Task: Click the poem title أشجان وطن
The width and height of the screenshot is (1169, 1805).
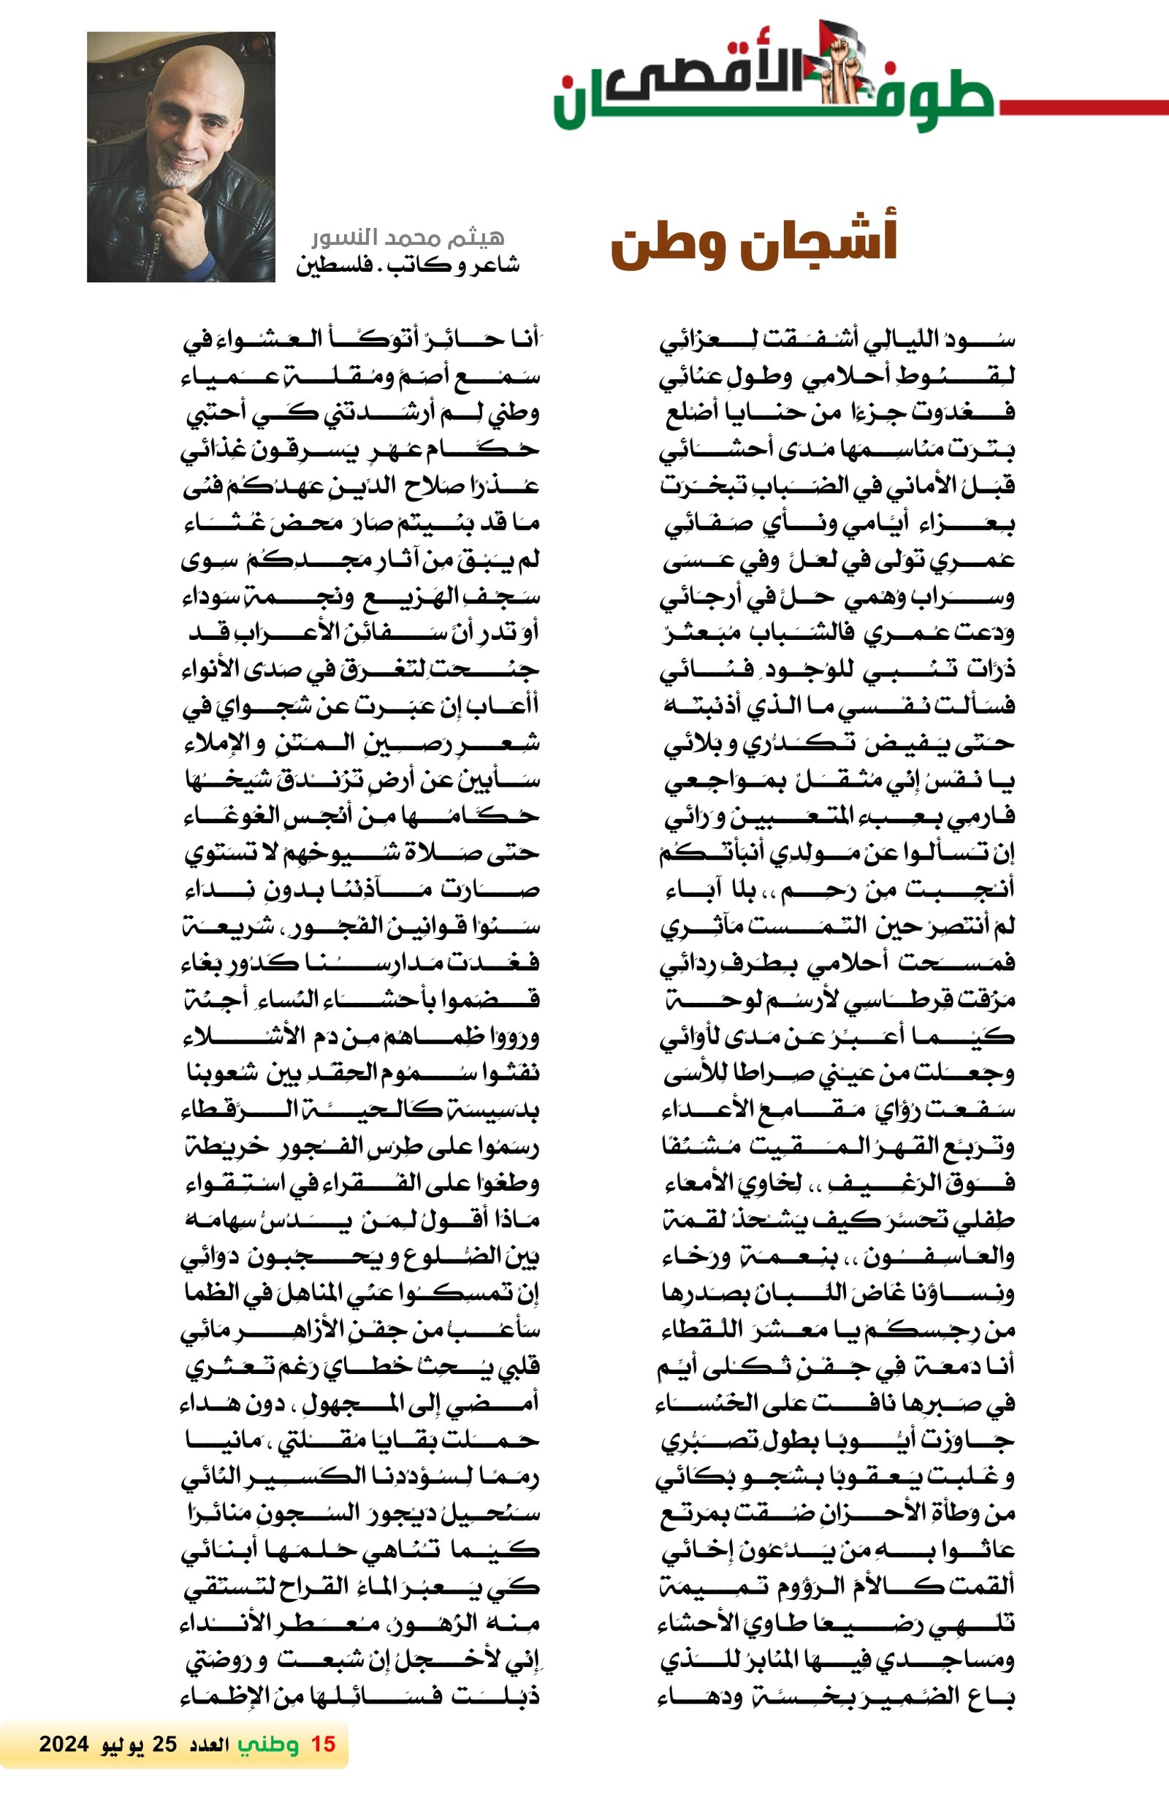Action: click(754, 244)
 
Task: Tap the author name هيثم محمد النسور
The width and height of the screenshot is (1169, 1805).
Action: click(408, 238)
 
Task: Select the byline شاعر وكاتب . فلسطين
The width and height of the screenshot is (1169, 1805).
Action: click(408, 264)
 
